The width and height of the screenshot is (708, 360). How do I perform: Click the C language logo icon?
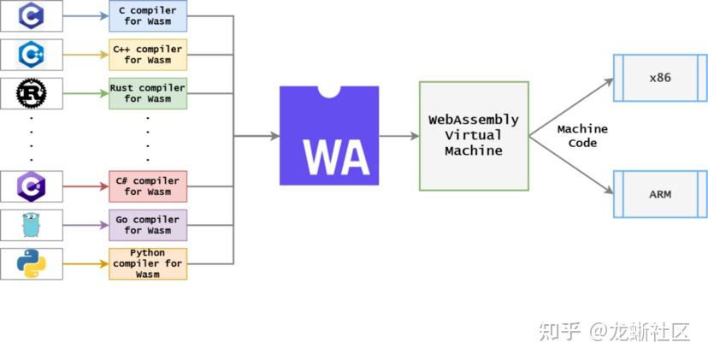point(32,16)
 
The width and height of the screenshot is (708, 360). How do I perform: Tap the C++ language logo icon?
point(32,55)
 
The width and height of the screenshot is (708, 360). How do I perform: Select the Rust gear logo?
point(32,93)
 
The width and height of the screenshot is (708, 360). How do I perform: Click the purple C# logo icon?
point(32,186)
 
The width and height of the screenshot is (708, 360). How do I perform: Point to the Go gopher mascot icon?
point(32,225)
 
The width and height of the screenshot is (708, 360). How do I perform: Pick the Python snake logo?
point(32,263)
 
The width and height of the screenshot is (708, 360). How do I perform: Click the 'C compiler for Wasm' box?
point(147,16)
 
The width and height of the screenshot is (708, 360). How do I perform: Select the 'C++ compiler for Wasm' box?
point(147,55)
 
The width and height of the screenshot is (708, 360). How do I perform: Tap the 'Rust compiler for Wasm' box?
point(147,93)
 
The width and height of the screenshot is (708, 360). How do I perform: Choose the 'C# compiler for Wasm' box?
point(147,186)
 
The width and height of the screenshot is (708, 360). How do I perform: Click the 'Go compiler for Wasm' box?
point(147,225)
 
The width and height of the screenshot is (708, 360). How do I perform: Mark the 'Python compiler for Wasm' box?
point(147,263)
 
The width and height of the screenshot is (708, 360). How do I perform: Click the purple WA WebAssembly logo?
point(329,136)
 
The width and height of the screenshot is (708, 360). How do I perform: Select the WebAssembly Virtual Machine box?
point(473,136)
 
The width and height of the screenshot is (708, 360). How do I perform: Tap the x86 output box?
point(659,78)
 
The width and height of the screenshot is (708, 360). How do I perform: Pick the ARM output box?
point(659,194)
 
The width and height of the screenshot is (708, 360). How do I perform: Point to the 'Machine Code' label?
point(581,136)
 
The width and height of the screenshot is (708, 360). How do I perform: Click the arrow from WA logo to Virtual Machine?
point(398,136)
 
